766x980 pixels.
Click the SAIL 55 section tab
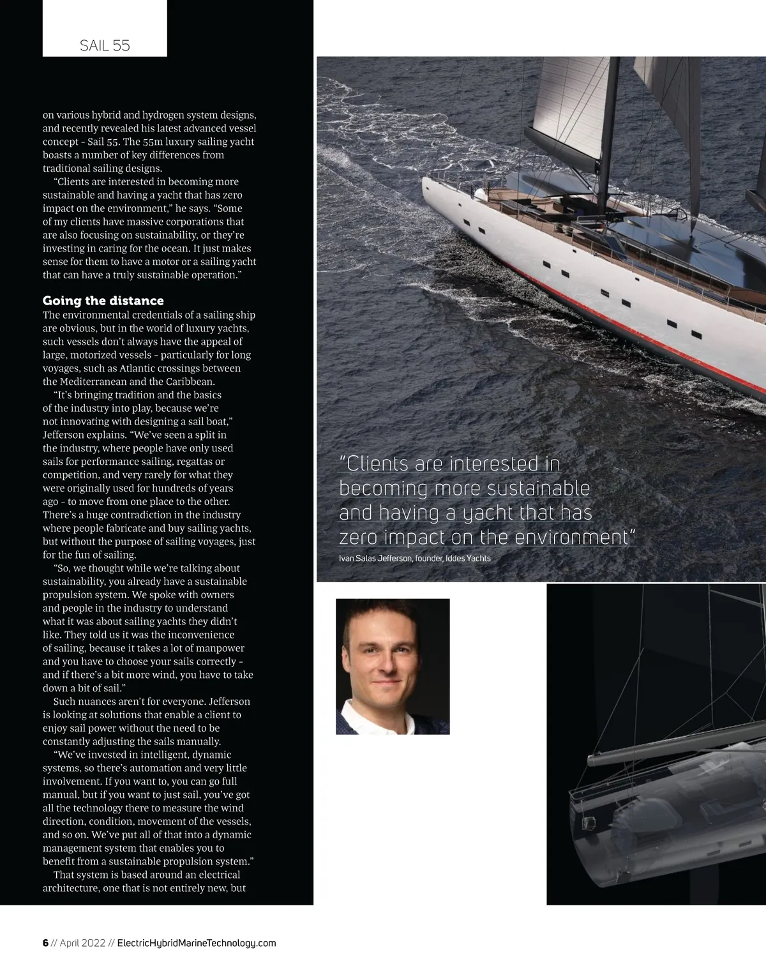pyautogui.click(x=105, y=45)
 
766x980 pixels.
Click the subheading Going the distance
pyautogui.click(x=103, y=301)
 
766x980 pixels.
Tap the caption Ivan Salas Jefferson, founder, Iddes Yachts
pyautogui.click(x=414, y=559)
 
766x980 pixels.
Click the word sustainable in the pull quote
pyautogui.click(x=538, y=489)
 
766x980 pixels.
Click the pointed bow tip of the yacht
pyautogui.click(x=424, y=181)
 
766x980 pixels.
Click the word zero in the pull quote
pyautogui.click(x=359, y=538)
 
